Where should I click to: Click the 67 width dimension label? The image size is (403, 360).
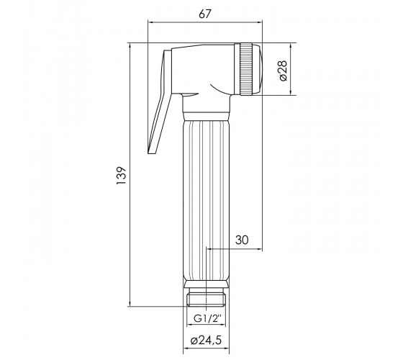tap(205, 14)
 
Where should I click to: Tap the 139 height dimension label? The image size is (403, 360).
tap(122, 176)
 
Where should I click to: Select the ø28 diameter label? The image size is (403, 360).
tap(282, 71)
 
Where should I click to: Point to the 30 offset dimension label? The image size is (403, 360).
tap(242, 240)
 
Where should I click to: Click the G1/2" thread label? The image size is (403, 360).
tap(207, 319)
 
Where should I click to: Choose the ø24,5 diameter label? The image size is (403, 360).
tap(206, 341)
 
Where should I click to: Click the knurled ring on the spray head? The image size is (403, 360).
tap(246, 69)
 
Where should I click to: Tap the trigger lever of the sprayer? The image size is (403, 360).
tap(160, 102)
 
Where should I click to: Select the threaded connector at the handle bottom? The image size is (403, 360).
tap(206, 297)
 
